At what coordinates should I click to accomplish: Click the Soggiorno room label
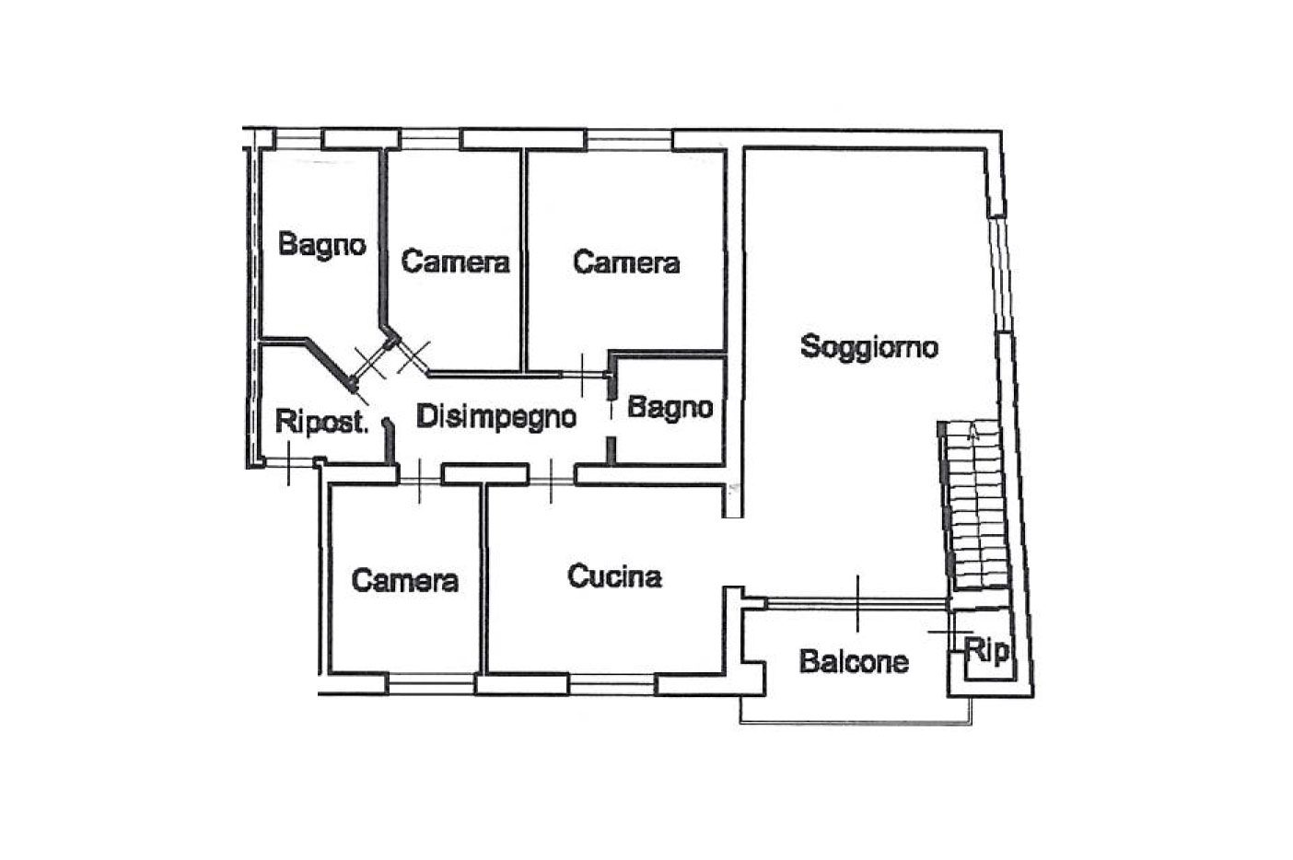pyautogui.click(x=868, y=347)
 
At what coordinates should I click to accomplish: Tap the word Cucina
pyautogui.click(x=615, y=576)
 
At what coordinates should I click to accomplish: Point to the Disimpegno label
pyautogui.click(x=496, y=417)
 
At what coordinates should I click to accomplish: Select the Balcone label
pyautogui.click(x=854, y=661)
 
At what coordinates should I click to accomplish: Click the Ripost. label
pyautogui.click(x=321, y=422)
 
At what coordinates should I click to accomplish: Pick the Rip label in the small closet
pyautogui.click(x=986, y=651)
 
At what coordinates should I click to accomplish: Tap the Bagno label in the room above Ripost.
pyautogui.click(x=322, y=245)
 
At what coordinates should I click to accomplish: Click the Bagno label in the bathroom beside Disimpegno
pyautogui.click(x=670, y=408)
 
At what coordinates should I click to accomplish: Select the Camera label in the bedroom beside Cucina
pyautogui.click(x=404, y=581)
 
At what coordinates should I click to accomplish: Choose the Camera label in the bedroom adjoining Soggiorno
pyautogui.click(x=626, y=262)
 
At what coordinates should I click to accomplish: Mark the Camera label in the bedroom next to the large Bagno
pyautogui.click(x=456, y=262)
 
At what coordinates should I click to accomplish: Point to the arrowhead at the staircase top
pyautogui.click(x=973, y=433)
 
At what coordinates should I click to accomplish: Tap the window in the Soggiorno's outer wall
pyautogui.click(x=1000, y=274)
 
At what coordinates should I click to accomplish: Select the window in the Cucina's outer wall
pyautogui.click(x=612, y=684)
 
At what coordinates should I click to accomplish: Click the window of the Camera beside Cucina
pyautogui.click(x=431, y=684)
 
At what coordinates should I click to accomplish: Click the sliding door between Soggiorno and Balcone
pyautogui.click(x=857, y=603)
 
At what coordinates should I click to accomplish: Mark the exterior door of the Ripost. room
pyautogui.click(x=288, y=461)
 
